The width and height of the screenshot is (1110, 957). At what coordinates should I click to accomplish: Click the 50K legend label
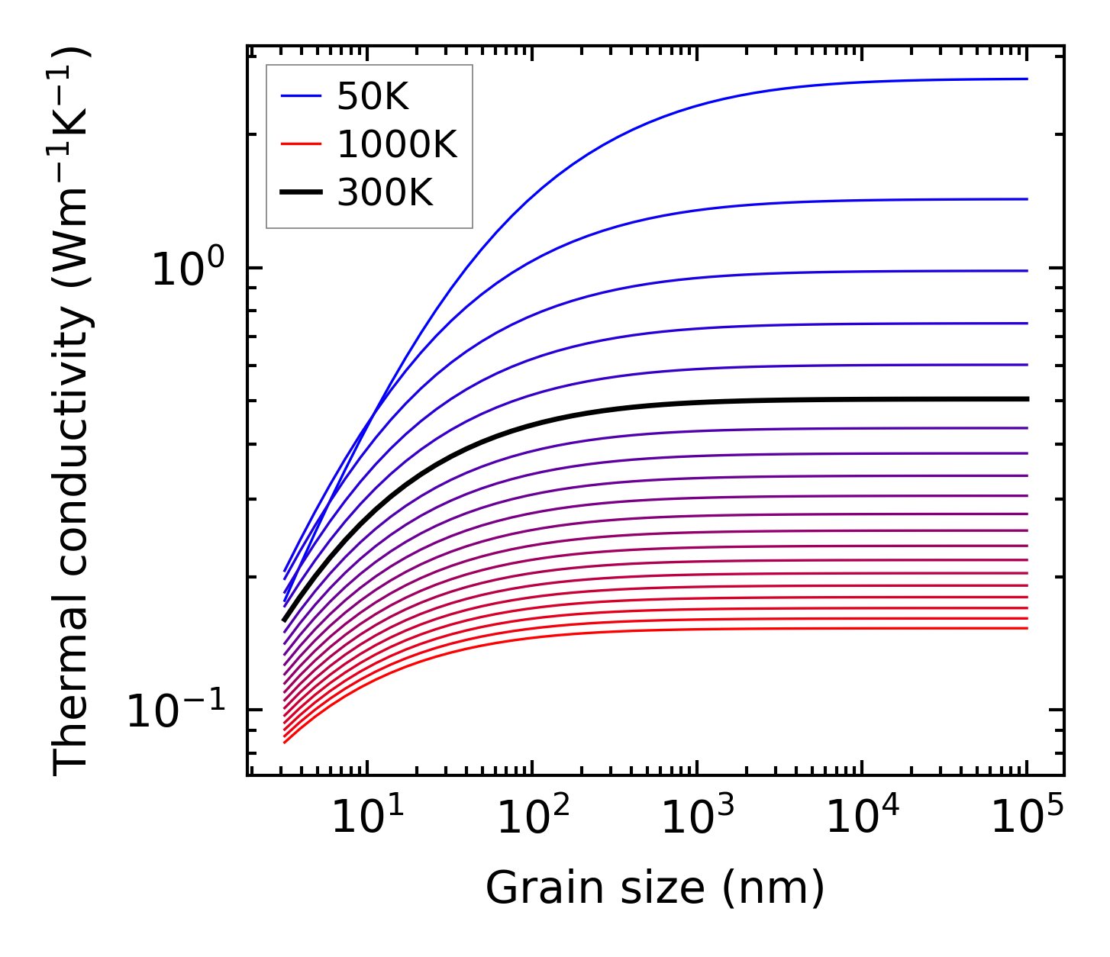coord(373,97)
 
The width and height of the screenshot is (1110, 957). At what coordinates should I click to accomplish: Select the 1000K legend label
coord(397,145)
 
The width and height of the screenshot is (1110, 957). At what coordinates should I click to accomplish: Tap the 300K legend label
coord(385,194)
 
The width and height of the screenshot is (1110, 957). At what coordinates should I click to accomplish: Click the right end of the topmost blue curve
coord(1027,79)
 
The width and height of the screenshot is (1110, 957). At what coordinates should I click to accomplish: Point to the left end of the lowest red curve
coord(285,742)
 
